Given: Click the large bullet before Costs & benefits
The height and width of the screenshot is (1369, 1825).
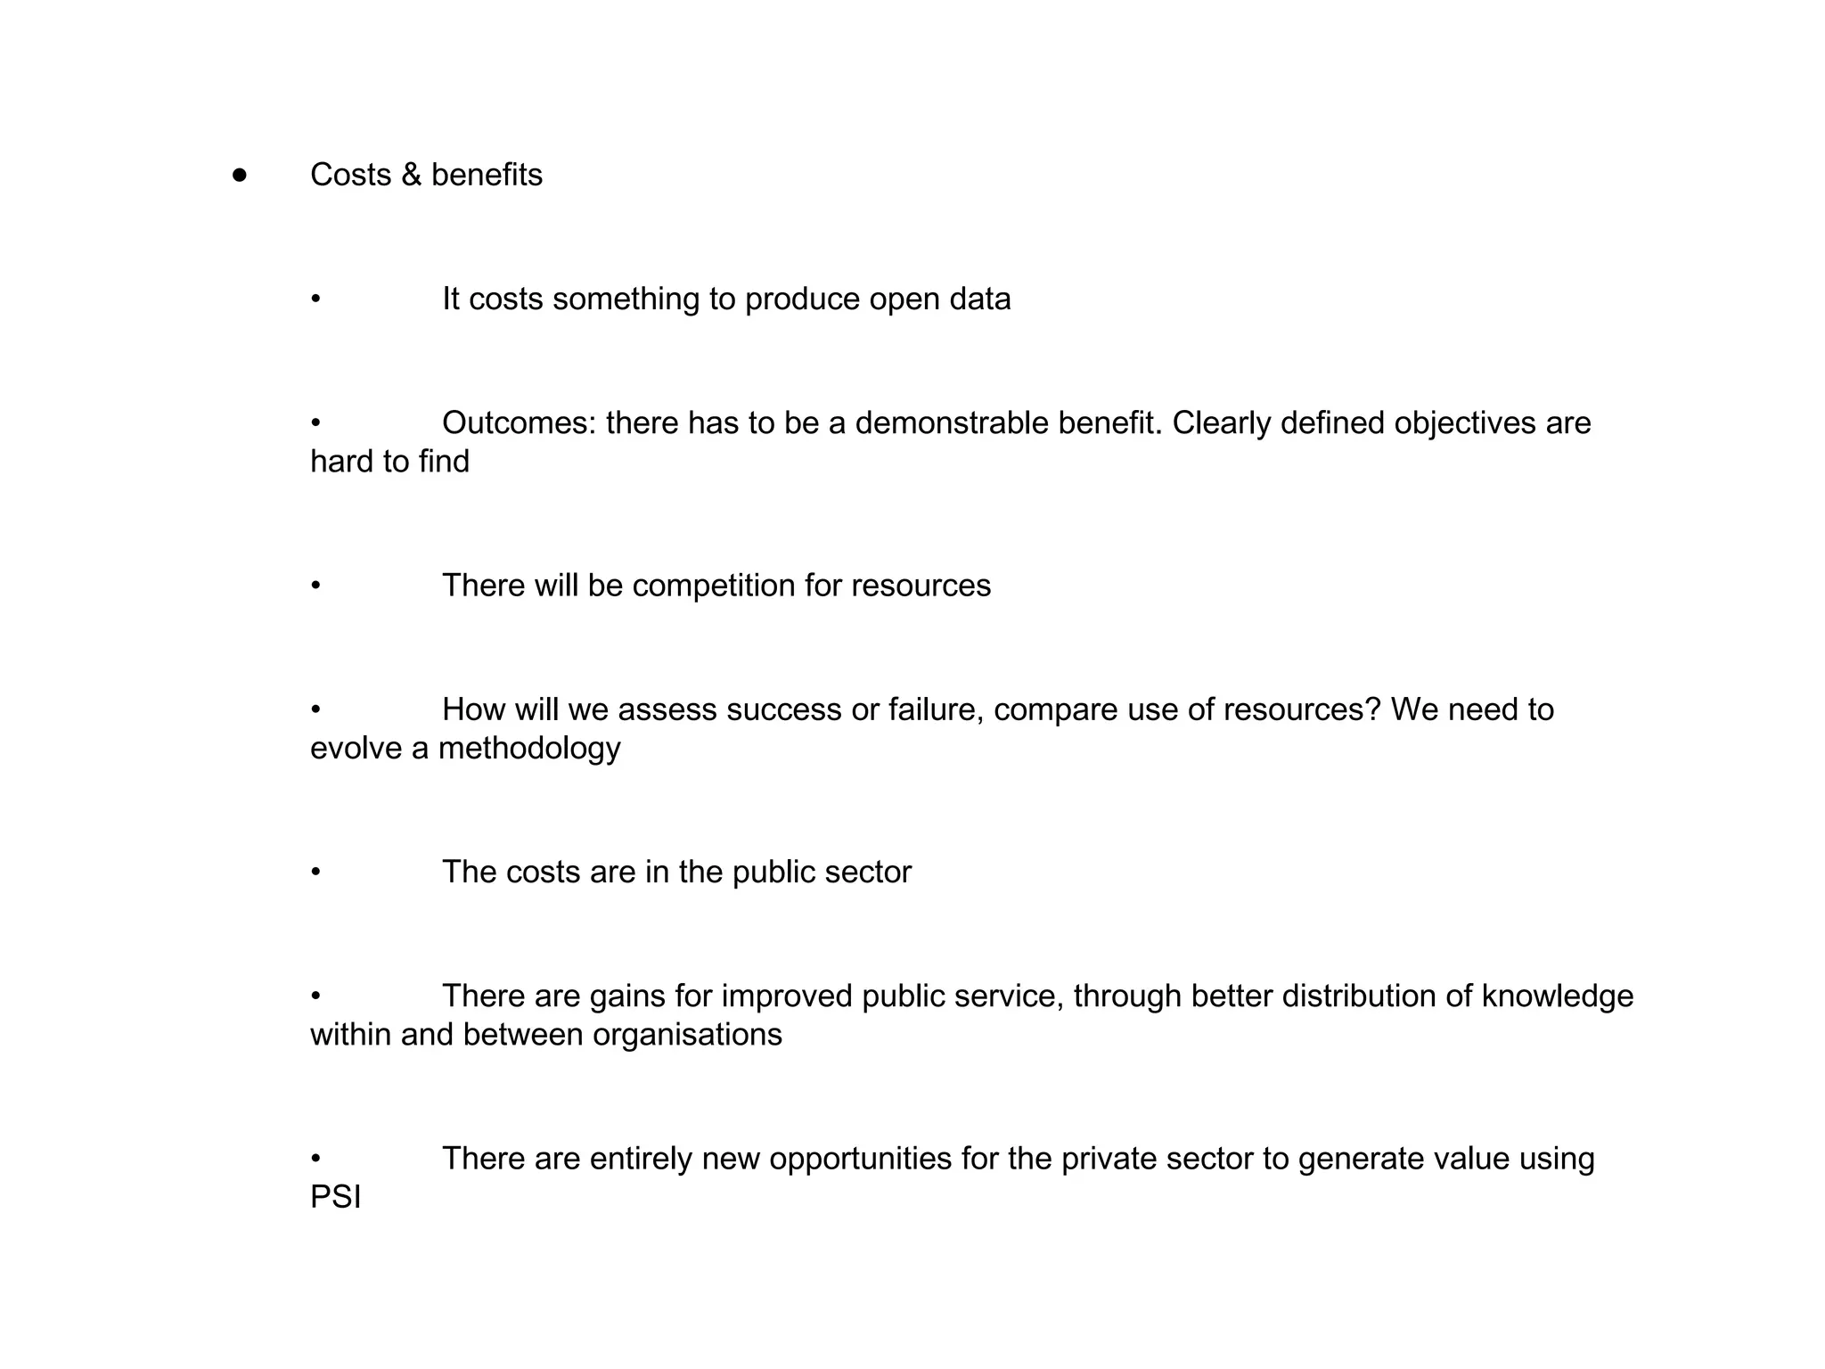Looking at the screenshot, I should pos(239,175).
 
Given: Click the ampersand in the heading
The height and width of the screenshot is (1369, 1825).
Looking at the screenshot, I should pos(411,175).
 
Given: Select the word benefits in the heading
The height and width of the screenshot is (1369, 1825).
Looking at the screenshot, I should pos(487,175).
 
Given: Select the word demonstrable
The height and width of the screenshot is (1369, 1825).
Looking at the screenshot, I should pos(951,423).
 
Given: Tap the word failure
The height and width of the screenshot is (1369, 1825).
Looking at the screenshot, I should pos(936,710).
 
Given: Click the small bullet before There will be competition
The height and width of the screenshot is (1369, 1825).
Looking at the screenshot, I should pos(315,586).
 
